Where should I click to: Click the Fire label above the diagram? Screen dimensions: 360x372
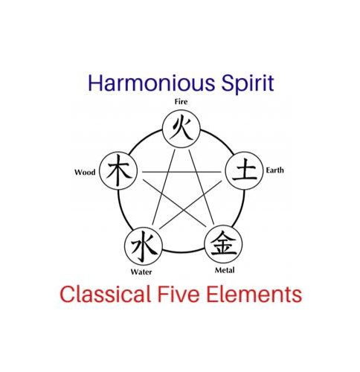coord(181,102)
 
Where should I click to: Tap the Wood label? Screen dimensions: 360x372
coord(85,172)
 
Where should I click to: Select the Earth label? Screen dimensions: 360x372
coord(274,170)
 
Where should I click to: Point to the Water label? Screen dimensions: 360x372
coord(141,272)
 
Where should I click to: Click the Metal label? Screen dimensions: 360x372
coord(225,270)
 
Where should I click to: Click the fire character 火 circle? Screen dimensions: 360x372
coord(181,129)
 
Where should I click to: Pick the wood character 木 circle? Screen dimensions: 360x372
coord(118,171)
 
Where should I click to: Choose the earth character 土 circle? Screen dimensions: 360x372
coord(244,170)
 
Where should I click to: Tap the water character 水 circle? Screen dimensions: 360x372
coord(144,246)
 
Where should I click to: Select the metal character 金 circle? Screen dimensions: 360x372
coord(223,244)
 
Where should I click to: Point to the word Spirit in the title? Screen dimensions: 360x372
coord(248,83)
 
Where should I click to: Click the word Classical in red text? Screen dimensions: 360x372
coord(105,294)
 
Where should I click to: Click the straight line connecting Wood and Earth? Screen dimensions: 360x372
coord(181,172)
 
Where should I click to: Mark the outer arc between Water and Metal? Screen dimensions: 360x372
coord(184,252)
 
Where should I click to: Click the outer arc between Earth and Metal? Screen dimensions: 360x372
coord(240,208)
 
